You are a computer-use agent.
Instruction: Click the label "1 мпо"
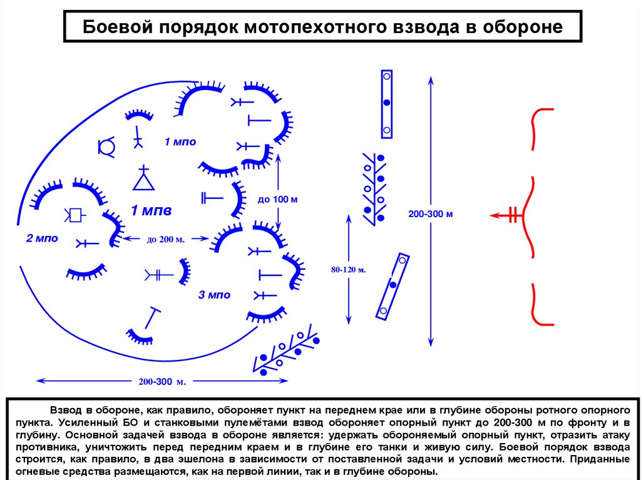(x=180, y=142)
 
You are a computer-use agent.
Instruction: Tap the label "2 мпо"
(x=42, y=238)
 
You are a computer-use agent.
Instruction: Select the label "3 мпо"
(x=215, y=295)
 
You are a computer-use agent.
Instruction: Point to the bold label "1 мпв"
(x=151, y=209)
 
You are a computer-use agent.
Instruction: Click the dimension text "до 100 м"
(x=277, y=200)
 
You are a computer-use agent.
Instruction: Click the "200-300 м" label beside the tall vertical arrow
(x=430, y=214)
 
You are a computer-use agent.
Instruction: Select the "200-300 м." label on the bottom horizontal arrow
(x=160, y=380)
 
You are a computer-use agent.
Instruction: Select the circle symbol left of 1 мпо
(x=107, y=146)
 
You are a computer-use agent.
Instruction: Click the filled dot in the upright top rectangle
(x=387, y=103)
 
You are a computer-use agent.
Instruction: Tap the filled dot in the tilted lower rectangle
(x=392, y=285)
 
